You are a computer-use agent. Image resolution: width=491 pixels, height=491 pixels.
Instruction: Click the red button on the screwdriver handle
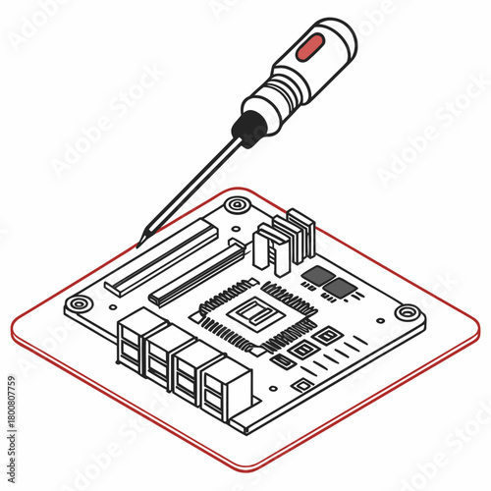click(x=312, y=45)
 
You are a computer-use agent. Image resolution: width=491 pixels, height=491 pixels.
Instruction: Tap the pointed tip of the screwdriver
click(x=144, y=235)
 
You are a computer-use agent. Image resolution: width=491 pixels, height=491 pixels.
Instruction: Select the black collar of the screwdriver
click(x=249, y=128)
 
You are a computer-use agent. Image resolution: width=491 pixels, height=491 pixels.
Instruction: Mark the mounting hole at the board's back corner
click(x=237, y=205)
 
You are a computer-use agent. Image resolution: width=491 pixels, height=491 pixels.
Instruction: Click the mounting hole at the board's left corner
click(x=78, y=304)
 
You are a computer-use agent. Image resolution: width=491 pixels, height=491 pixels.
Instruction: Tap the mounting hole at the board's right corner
click(x=407, y=313)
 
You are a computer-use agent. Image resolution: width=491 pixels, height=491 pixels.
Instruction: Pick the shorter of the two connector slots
click(x=198, y=272)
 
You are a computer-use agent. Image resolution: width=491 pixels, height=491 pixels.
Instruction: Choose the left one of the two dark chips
click(x=318, y=275)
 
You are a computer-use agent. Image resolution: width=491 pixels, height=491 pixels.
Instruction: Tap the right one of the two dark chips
click(x=340, y=288)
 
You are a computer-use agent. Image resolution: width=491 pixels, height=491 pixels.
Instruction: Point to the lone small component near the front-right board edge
click(x=303, y=387)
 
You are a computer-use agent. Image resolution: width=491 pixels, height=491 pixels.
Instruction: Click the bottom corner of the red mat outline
click(x=257, y=464)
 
